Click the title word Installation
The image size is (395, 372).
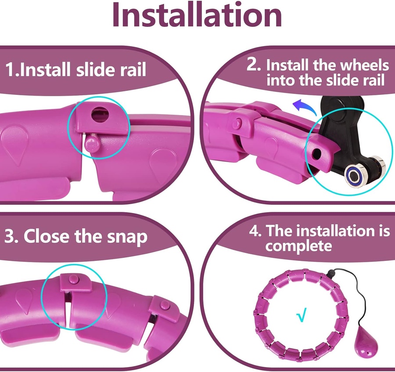197,15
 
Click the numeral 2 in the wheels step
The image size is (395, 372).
253,65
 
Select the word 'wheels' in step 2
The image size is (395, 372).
363,65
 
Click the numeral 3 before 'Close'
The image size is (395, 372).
11,236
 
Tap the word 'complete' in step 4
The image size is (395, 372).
298,246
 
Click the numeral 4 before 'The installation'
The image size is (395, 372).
255,231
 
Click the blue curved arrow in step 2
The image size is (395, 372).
305,107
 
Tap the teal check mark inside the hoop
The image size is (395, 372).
302,314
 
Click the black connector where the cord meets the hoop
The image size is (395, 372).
330,273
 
